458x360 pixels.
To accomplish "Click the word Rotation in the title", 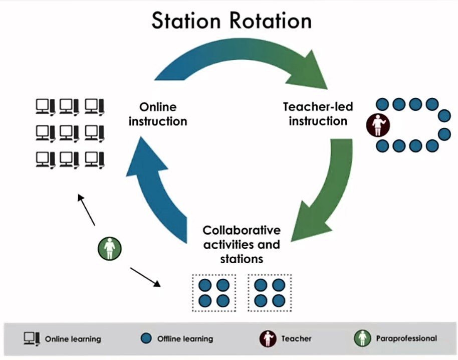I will [x=272, y=22].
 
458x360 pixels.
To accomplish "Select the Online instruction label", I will [x=158, y=114].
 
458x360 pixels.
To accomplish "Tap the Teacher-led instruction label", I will [x=318, y=114].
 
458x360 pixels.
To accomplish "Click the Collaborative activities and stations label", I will [x=241, y=245].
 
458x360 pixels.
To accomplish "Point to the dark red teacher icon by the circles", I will [x=376, y=124].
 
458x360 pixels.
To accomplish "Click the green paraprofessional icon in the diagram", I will [x=110, y=248].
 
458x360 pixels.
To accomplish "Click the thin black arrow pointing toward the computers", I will [x=86, y=209].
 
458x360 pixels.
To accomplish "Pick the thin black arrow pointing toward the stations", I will [x=145, y=277].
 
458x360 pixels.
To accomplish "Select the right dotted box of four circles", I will [x=270, y=293].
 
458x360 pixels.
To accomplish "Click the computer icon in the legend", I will [x=32, y=338].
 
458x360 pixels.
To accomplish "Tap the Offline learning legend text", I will [x=185, y=339].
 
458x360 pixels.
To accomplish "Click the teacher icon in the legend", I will [x=268, y=338].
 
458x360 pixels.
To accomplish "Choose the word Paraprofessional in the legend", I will [x=406, y=338].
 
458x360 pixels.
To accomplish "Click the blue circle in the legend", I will [x=146, y=338].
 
